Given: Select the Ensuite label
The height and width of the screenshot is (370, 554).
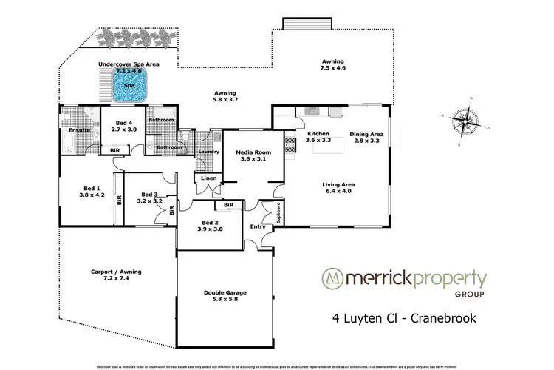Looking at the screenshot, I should (78, 130).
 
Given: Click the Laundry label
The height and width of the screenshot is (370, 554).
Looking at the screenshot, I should (209, 152).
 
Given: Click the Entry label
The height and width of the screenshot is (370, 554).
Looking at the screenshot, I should (258, 226).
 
